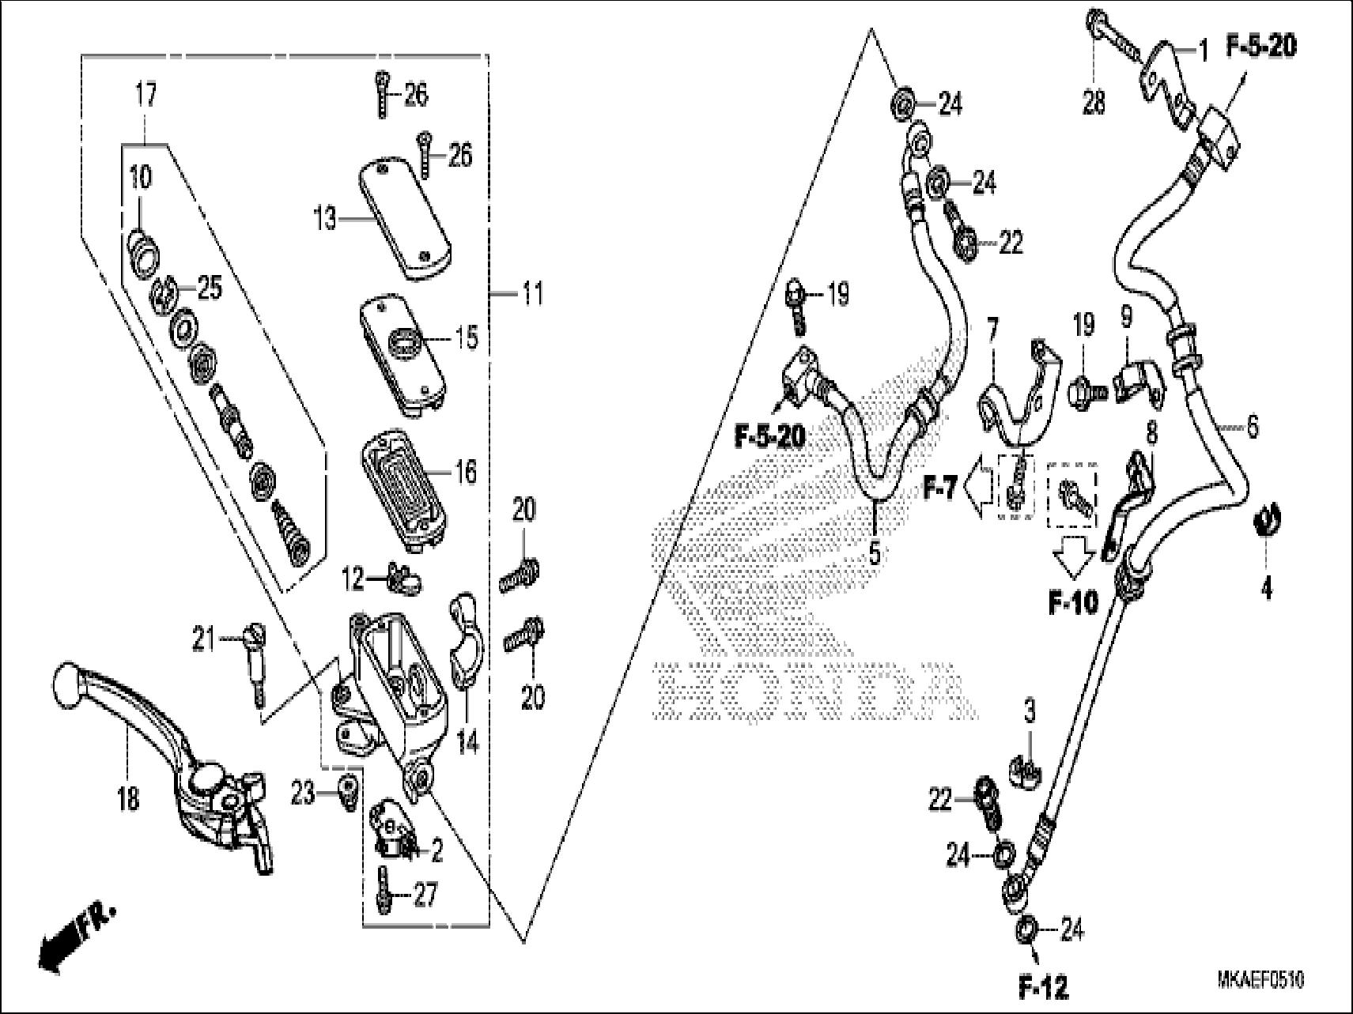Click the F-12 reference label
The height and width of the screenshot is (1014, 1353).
click(x=1042, y=986)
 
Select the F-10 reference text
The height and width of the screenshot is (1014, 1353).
click(x=1073, y=604)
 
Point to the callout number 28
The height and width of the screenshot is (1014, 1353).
click(x=1094, y=103)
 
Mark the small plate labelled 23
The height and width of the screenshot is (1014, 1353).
click(x=346, y=793)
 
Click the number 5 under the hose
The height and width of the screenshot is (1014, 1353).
click(x=874, y=553)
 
